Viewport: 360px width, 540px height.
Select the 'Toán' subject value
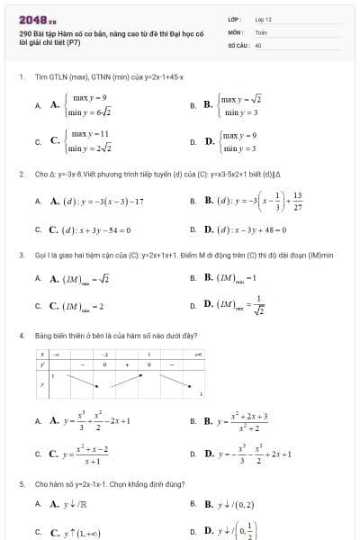[x=261, y=31]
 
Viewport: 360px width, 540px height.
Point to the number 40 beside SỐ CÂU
[x=258, y=43]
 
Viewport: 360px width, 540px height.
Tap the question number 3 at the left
[x=21, y=255]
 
